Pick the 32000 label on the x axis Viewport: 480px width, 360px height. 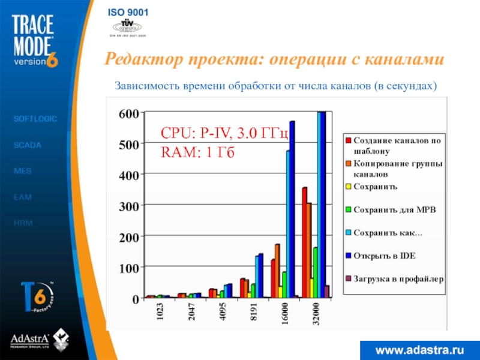click(x=316, y=316)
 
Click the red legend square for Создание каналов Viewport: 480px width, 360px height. click(x=348, y=140)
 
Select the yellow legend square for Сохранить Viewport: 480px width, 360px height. click(x=348, y=187)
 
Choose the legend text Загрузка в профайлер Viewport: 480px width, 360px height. click(x=398, y=279)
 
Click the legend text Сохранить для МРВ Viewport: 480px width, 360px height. click(x=394, y=209)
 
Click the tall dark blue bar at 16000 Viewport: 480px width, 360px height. click(x=292, y=210)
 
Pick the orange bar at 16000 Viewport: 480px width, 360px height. click(x=277, y=271)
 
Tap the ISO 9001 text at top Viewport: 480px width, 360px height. click(x=128, y=13)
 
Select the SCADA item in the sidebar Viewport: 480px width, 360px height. click(x=27, y=145)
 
